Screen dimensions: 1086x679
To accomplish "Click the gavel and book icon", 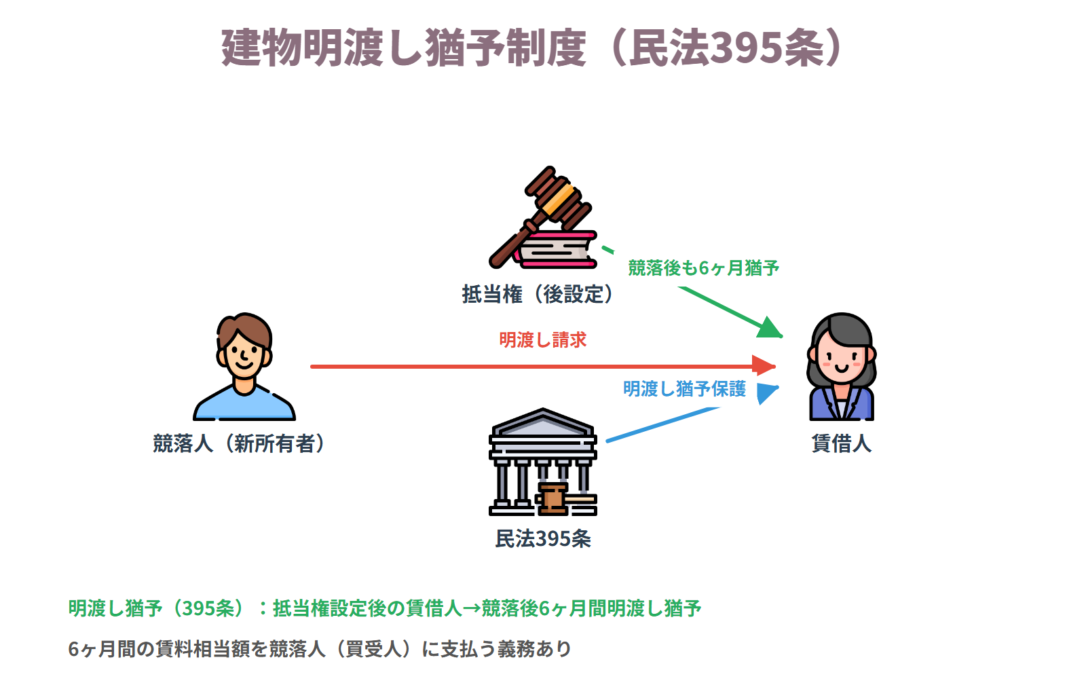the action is [x=543, y=217].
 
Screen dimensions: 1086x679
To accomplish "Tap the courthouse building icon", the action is [x=543, y=462].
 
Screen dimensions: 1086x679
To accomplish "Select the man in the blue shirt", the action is [x=244, y=367].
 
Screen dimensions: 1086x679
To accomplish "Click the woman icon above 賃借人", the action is [x=842, y=367].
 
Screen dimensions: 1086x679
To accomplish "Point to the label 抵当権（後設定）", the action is [x=538, y=295].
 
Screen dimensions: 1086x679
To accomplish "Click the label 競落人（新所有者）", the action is [x=240, y=443].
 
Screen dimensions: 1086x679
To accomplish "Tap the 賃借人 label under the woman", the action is [x=842, y=443].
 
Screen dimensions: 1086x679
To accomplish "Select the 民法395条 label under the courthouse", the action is [x=543, y=539].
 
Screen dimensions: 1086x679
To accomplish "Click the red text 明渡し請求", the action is [x=543, y=340].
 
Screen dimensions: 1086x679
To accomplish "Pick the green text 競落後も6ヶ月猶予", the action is [x=703, y=268].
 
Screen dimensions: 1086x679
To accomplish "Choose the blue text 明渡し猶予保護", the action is [x=685, y=388].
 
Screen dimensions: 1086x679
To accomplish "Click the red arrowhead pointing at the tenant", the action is [x=764, y=366].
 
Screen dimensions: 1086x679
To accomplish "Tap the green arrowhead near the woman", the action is [x=770, y=328].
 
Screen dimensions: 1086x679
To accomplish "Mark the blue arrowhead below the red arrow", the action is [x=767, y=393].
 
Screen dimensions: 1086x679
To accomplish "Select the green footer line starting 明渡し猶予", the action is [x=385, y=608].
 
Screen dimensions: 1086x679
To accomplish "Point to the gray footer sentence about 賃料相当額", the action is [x=320, y=649].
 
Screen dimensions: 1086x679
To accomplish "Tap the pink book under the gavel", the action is [x=556, y=249].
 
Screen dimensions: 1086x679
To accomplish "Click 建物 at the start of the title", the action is [x=262, y=48].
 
